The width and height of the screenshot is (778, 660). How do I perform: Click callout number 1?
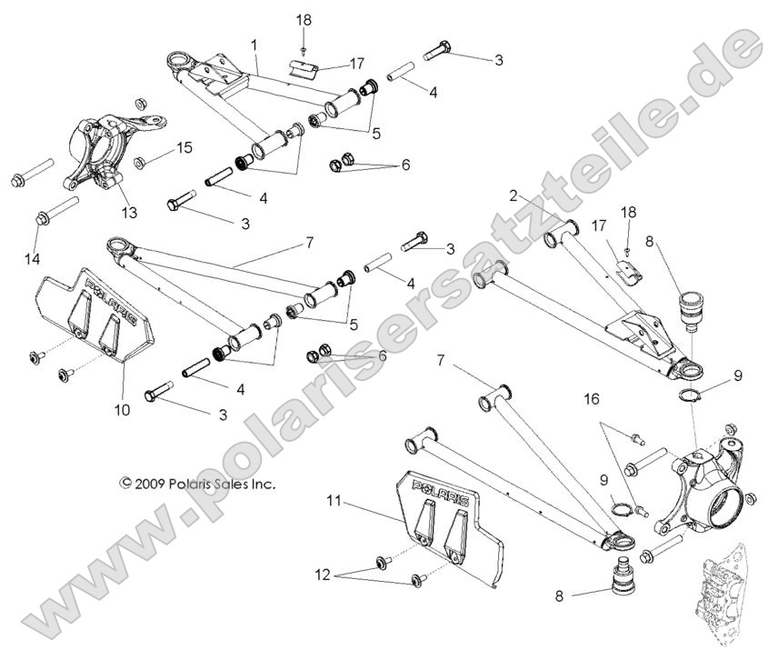coord(254,45)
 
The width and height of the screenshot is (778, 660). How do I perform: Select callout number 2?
coord(514,195)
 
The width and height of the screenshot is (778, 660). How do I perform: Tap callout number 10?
coord(122,410)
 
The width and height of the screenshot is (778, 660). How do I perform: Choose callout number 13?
coord(129,213)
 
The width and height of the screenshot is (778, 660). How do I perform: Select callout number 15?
coord(185,146)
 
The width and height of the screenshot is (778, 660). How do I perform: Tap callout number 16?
coord(592,398)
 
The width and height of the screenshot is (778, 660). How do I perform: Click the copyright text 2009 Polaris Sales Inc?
coord(196,485)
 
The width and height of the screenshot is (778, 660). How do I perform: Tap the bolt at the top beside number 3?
coord(439,51)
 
